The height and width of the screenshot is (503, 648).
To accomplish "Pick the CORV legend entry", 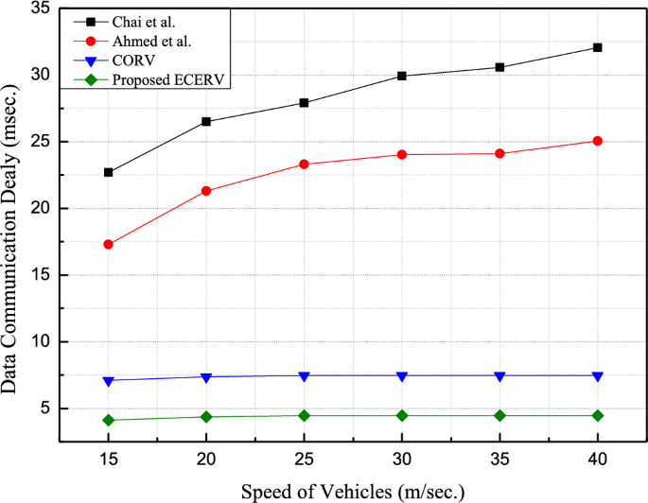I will click(x=133, y=61).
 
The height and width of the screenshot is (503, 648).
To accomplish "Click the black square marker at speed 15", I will click(x=109, y=172).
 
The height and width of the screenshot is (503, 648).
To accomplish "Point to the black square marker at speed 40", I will click(x=598, y=47).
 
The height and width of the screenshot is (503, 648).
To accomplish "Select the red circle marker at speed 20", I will click(x=206, y=191).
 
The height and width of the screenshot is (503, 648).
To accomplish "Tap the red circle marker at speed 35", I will click(x=499, y=153).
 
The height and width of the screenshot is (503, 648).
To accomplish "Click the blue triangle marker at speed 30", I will click(x=402, y=376).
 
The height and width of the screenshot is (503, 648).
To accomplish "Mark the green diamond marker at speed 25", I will click(x=304, y=416).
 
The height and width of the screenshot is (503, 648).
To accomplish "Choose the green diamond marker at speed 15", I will click(x=109, y=420).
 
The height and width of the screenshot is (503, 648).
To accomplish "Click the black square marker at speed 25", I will click(x=304, y=102).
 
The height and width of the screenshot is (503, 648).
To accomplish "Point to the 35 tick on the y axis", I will click(x=47, y=9).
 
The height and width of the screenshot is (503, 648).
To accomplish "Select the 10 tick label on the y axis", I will click(x=47, y=342).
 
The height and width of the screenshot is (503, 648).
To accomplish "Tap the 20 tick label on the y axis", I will click(x=47, y=209).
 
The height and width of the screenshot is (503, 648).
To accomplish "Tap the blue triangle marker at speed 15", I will click(x=109, y=381).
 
